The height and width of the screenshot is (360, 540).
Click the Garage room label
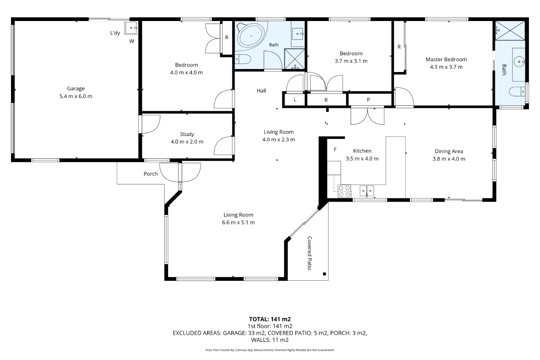(x=76, y=88)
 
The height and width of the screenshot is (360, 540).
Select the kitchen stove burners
(x=344, y=191)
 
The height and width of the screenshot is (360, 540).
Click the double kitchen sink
(x=367, y=191)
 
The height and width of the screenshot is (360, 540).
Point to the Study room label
(x=187, y=134)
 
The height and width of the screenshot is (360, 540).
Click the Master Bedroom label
(x=446, y=59)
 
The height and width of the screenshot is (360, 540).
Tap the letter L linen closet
(x=295, y=100)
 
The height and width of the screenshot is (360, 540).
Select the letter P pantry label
(x=368, y=100)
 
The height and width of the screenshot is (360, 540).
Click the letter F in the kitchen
(x=335, y=149)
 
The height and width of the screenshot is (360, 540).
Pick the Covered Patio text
(x=310, y=253)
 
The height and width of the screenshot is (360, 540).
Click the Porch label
(x=151, y=174)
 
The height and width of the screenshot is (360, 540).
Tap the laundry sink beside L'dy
(x=131, y=28)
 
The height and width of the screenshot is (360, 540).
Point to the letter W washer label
(x=132, y=41)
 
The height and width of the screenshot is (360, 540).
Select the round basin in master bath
(x=519, y=62)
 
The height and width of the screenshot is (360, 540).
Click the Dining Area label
(x=449, y=151)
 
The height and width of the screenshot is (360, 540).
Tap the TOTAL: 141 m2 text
(x=270, y=319)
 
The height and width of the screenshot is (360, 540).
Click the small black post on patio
(x=324, y=274)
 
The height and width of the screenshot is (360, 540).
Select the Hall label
(x=262, y=91)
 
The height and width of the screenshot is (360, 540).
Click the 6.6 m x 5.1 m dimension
(x=238, y=222)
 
